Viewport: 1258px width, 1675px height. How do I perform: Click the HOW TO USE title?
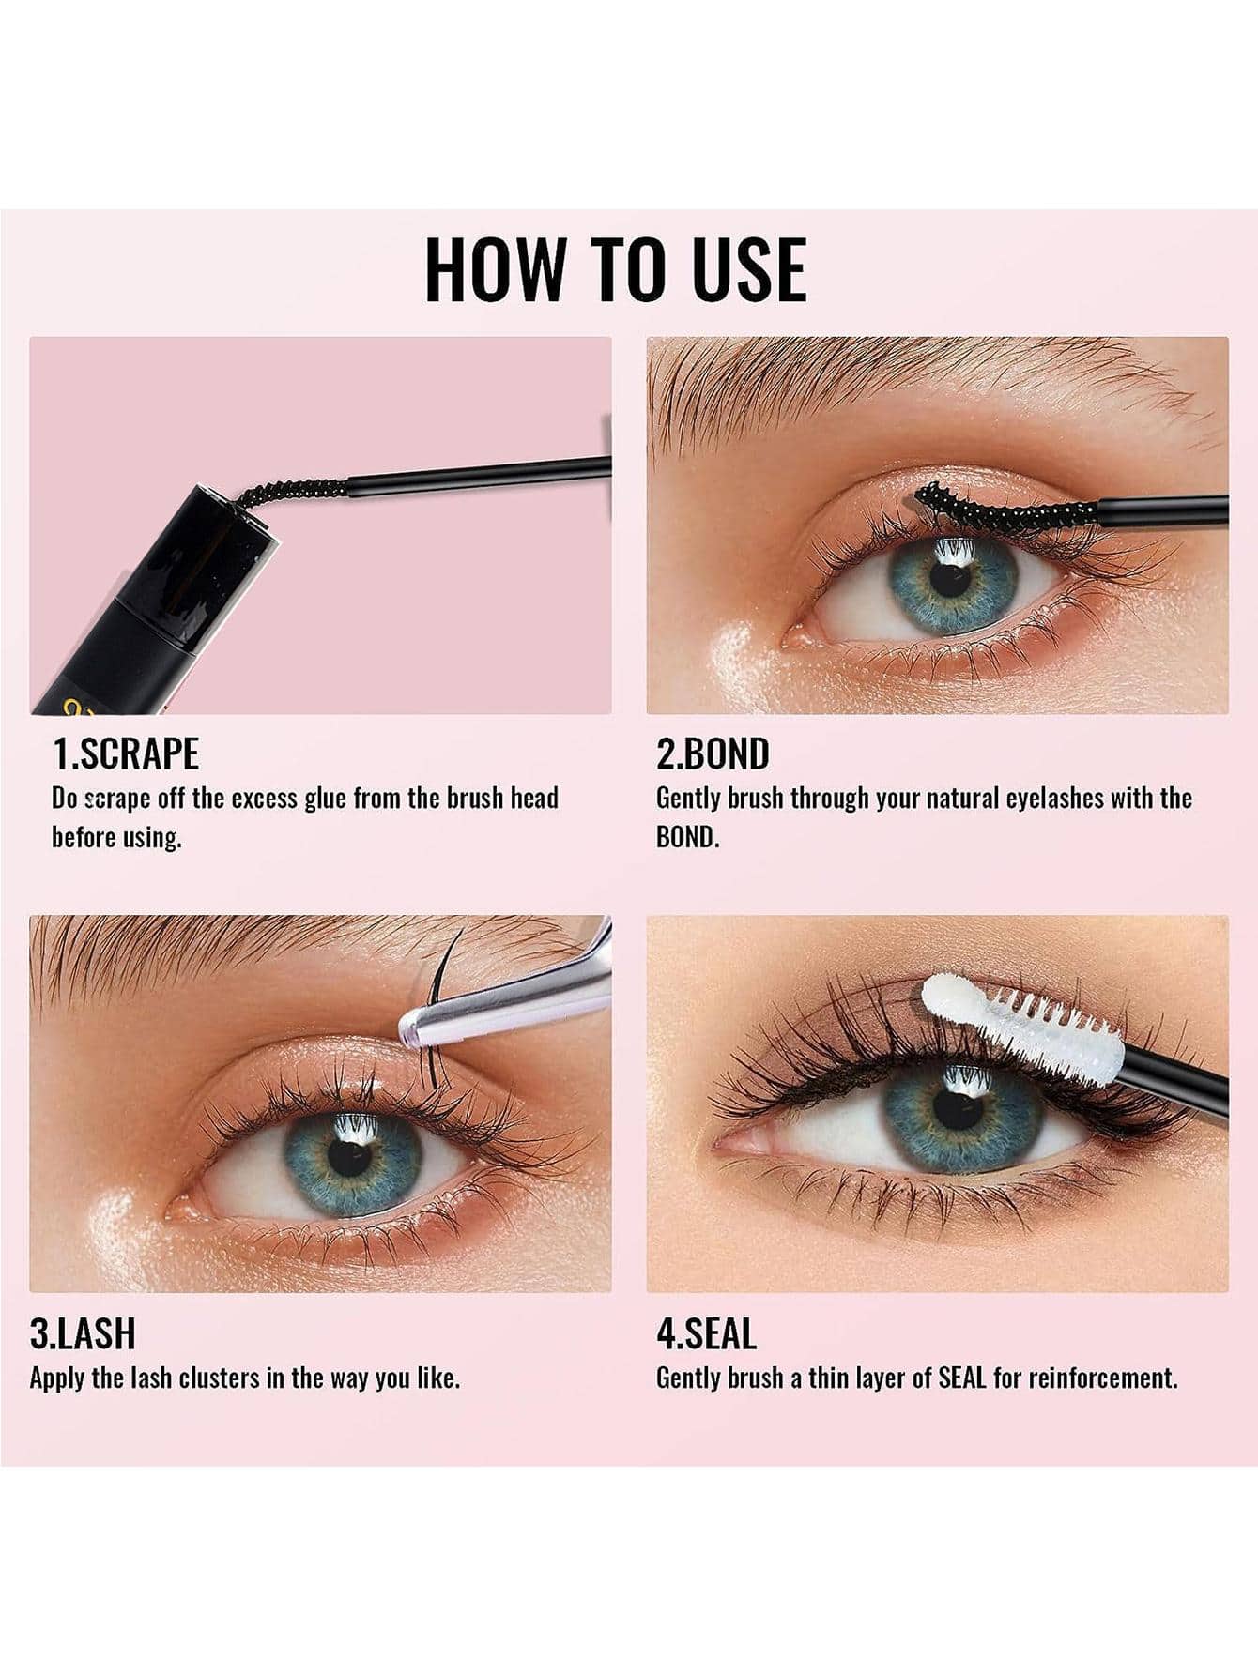[x=615, y=269]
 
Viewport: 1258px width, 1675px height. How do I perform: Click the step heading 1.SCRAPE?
[x=126, y=754]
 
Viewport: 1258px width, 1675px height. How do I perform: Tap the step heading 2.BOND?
[x=713, y=754]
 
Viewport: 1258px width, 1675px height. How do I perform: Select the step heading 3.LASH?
[x=83, y=1333]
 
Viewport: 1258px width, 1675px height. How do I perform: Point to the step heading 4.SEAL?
[x=706, y=1333]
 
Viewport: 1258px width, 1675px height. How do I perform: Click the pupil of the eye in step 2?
[x=951, y=578]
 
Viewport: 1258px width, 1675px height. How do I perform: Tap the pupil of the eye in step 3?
[x=350, y=1158]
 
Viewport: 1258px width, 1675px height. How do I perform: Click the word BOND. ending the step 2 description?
[x=688, y=837]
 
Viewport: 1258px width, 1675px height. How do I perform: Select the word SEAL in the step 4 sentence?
[x=962, y=1378]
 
